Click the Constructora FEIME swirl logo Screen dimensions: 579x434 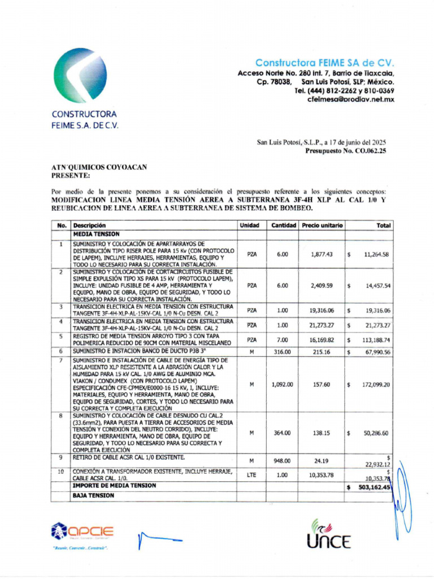click(x=80, y=75)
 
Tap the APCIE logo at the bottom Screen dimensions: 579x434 click(x=83, y=532)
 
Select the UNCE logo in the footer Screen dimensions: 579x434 click(x=329, y=535)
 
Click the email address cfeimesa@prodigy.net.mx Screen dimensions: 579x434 click(x=350, y=99)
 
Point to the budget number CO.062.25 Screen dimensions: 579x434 click(x=366, y=151)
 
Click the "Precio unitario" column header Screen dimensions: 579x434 click(x=322, y=226)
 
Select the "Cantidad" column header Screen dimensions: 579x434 click(x=284, y=226)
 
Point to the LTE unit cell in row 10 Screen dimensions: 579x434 click(x=251, y=475)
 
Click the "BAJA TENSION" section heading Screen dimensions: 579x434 click(x=93, y=495)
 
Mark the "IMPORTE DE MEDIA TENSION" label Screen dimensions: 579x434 click(x=114, y=486)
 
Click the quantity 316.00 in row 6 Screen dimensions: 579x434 click(x=282, y=352)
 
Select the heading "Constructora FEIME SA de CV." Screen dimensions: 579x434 click(x=324, y=63)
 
